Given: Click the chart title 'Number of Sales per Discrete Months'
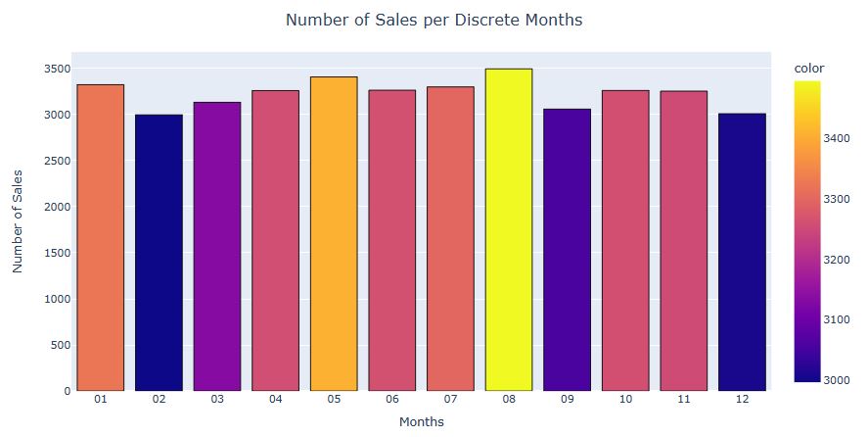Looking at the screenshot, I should point(433,20).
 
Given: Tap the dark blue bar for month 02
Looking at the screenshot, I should point(159,252).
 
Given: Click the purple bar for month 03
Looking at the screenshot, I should point(216,246).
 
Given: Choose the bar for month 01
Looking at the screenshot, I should point(100,237).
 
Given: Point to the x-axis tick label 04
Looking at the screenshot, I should point(275,400).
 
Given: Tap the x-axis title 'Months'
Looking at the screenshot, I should point(421,422).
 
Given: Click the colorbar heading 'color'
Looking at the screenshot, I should point(808,69).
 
